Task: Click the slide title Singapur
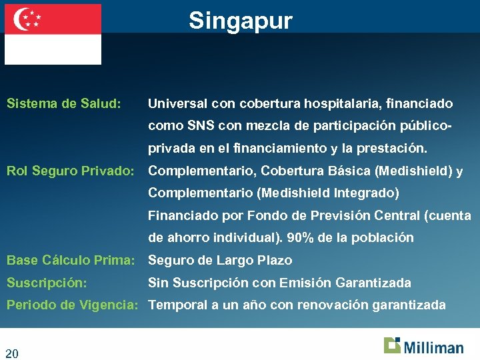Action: [240, 21]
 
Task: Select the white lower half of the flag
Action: [53, 49]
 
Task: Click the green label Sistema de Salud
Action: [64, 104]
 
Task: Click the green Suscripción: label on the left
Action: [47, 283]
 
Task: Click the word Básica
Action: [351, 171]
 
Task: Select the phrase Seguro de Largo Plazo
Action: [220, 260]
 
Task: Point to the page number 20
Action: [12, 353]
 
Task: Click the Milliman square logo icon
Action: [392, 345]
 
